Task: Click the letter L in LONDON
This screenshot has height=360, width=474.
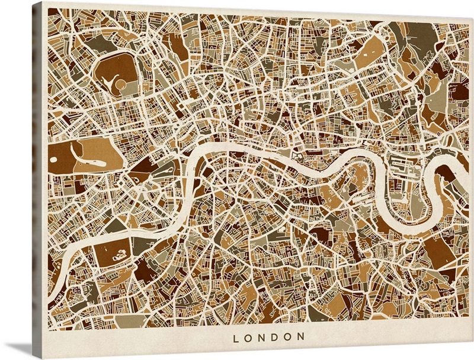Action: pyautogui.click(x=236, y=337)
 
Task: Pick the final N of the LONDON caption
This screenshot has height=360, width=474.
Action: pyautogui.click(x=302, y=337)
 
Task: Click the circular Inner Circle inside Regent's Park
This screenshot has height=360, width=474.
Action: pyautogui.click(x=120, y=85)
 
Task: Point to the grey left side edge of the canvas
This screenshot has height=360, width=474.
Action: pyautogui.click(x=37, y=178)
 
